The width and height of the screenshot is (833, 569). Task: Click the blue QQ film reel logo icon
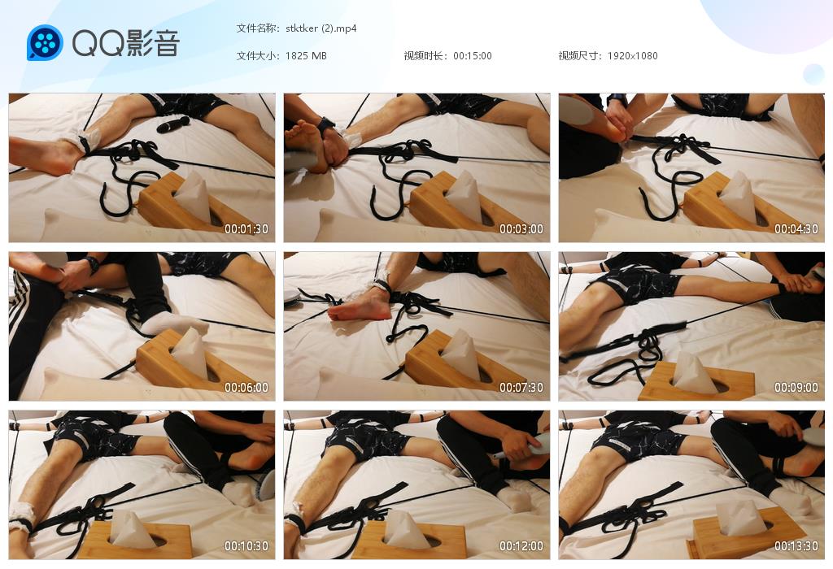tap(46, 42)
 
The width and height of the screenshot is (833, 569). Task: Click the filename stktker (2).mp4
tap(321, 28)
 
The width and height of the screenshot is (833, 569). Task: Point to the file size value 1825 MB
tap(306, 56)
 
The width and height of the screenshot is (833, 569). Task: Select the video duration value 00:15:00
tap(473, 56)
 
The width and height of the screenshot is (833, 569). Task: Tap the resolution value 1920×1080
tap(632, 56)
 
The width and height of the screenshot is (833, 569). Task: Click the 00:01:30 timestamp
tap(246, 228)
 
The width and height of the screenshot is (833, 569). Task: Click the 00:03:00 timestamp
tap(521, 228)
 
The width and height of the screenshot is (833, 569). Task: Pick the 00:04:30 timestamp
tap(796, 228)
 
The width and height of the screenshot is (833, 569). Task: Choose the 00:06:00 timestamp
tap(246, 388)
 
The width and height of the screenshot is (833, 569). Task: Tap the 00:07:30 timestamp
tap(521, 388)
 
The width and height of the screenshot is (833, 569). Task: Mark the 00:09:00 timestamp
tap(796, 388)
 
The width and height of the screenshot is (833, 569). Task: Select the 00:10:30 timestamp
tap(246, 545)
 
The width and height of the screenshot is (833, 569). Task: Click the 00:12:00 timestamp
tap(521, 545)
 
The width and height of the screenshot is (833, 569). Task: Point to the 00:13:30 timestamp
tap(796, 545)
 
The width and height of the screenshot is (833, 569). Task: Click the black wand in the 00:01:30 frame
tap(173, 124)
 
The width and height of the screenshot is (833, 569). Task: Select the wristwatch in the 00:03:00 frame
tap(326, 125)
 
